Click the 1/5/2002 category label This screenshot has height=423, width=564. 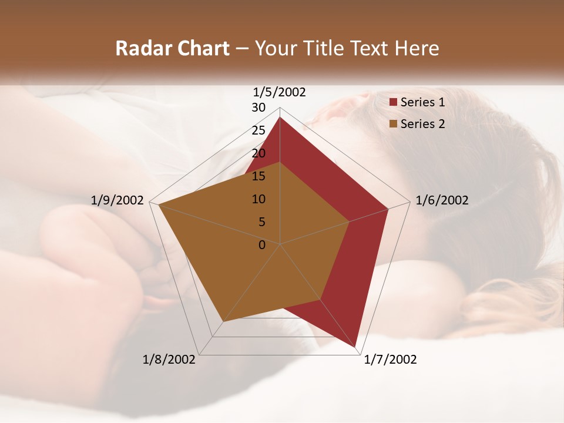pos(280,92)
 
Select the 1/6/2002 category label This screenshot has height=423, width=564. pos(442,200)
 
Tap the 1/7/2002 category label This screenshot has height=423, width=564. pos(390,360)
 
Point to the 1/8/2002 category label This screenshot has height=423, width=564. pos(169,360)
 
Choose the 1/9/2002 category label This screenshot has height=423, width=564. pos(117,200)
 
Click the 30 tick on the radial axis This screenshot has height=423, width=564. pos(258,108)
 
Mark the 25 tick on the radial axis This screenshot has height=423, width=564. pos(258,130)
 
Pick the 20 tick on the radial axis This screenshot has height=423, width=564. pos(258,153)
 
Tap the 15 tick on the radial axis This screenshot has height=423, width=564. pos(258,176)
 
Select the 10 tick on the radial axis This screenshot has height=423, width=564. pos(258,199)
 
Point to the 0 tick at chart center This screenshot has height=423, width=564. pos(262,245)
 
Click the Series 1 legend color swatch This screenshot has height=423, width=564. pos(394,102)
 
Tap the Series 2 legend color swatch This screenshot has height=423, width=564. pos(394,124)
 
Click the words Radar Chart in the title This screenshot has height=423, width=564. pos(172,48)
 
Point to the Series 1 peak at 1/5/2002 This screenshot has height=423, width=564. pos(280,117)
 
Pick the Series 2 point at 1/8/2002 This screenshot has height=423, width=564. pos(223,321)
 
